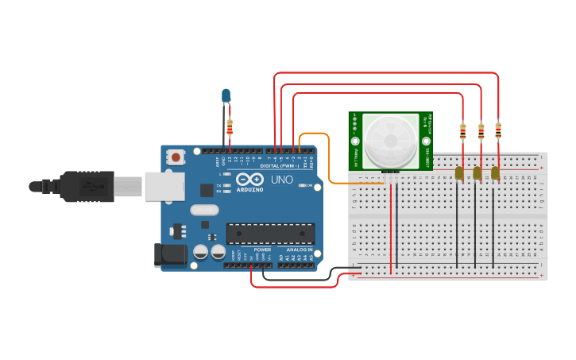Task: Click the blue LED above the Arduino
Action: [x=226, y=95]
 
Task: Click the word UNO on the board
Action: [x=282, y=180]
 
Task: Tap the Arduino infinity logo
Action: [x=249, y=179]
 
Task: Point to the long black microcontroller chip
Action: [x=269, y=233]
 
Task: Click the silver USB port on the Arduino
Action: [x=163, y=186]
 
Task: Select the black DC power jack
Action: [x=170, y=255]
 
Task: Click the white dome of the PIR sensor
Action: [x=390, y=140]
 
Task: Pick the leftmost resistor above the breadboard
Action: [x=463, y=131]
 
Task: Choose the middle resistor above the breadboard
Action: [x=481, y=131]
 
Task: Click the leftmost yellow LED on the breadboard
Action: [x=459, y=172]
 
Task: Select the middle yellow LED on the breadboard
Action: [x=477, y=172]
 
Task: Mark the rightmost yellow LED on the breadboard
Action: [x=495, y=172]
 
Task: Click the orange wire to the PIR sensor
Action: [x=328, y=159]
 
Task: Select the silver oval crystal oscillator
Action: [x=203, y=211]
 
